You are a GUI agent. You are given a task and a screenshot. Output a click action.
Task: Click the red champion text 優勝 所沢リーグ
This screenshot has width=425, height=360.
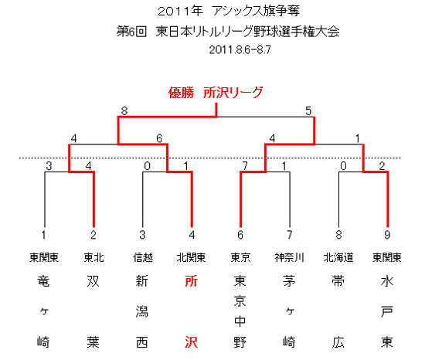pos(216,93)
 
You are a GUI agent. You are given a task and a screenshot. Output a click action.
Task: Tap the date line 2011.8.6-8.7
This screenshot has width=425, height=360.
pos(240,49)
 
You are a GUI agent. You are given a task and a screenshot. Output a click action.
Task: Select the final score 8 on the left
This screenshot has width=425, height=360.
pos(124,110)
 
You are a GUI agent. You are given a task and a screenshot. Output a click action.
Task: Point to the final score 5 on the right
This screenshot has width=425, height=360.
pos(308,110)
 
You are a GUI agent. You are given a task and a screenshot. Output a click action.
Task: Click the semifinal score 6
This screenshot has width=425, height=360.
pos(159,138)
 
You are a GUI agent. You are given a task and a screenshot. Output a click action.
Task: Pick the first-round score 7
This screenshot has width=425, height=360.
pos(245,165)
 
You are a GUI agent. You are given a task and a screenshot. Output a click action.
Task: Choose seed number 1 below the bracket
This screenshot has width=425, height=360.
pos(44,235)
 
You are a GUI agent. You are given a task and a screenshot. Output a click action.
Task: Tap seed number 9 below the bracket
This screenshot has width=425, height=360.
pos(387,235)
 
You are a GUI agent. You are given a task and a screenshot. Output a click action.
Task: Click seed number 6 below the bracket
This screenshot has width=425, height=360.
pos(240,235)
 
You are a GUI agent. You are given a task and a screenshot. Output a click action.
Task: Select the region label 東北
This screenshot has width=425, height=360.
pos(93,257)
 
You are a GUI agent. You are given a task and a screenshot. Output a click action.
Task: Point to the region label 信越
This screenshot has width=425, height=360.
pos(143,257)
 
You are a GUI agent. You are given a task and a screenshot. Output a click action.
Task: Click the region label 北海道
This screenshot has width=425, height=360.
pos(338,257)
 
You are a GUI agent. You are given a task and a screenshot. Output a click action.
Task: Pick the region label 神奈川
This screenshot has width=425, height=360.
pos(289,257)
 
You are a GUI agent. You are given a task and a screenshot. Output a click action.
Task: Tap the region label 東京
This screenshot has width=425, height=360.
pos(240,257)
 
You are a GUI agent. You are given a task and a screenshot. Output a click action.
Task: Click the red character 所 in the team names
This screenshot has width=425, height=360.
pos(192,281)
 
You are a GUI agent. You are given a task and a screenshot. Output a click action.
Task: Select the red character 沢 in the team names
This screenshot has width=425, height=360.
pos(192,342)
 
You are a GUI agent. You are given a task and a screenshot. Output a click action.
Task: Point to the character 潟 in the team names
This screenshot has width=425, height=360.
pos(142,311)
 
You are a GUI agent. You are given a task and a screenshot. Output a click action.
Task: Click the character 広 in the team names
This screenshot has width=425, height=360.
pos(338,342)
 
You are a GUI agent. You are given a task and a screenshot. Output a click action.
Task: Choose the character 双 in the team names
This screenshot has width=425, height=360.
pos(93,281)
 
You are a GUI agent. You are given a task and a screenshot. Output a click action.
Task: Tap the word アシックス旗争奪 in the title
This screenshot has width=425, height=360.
pos(256,11)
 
